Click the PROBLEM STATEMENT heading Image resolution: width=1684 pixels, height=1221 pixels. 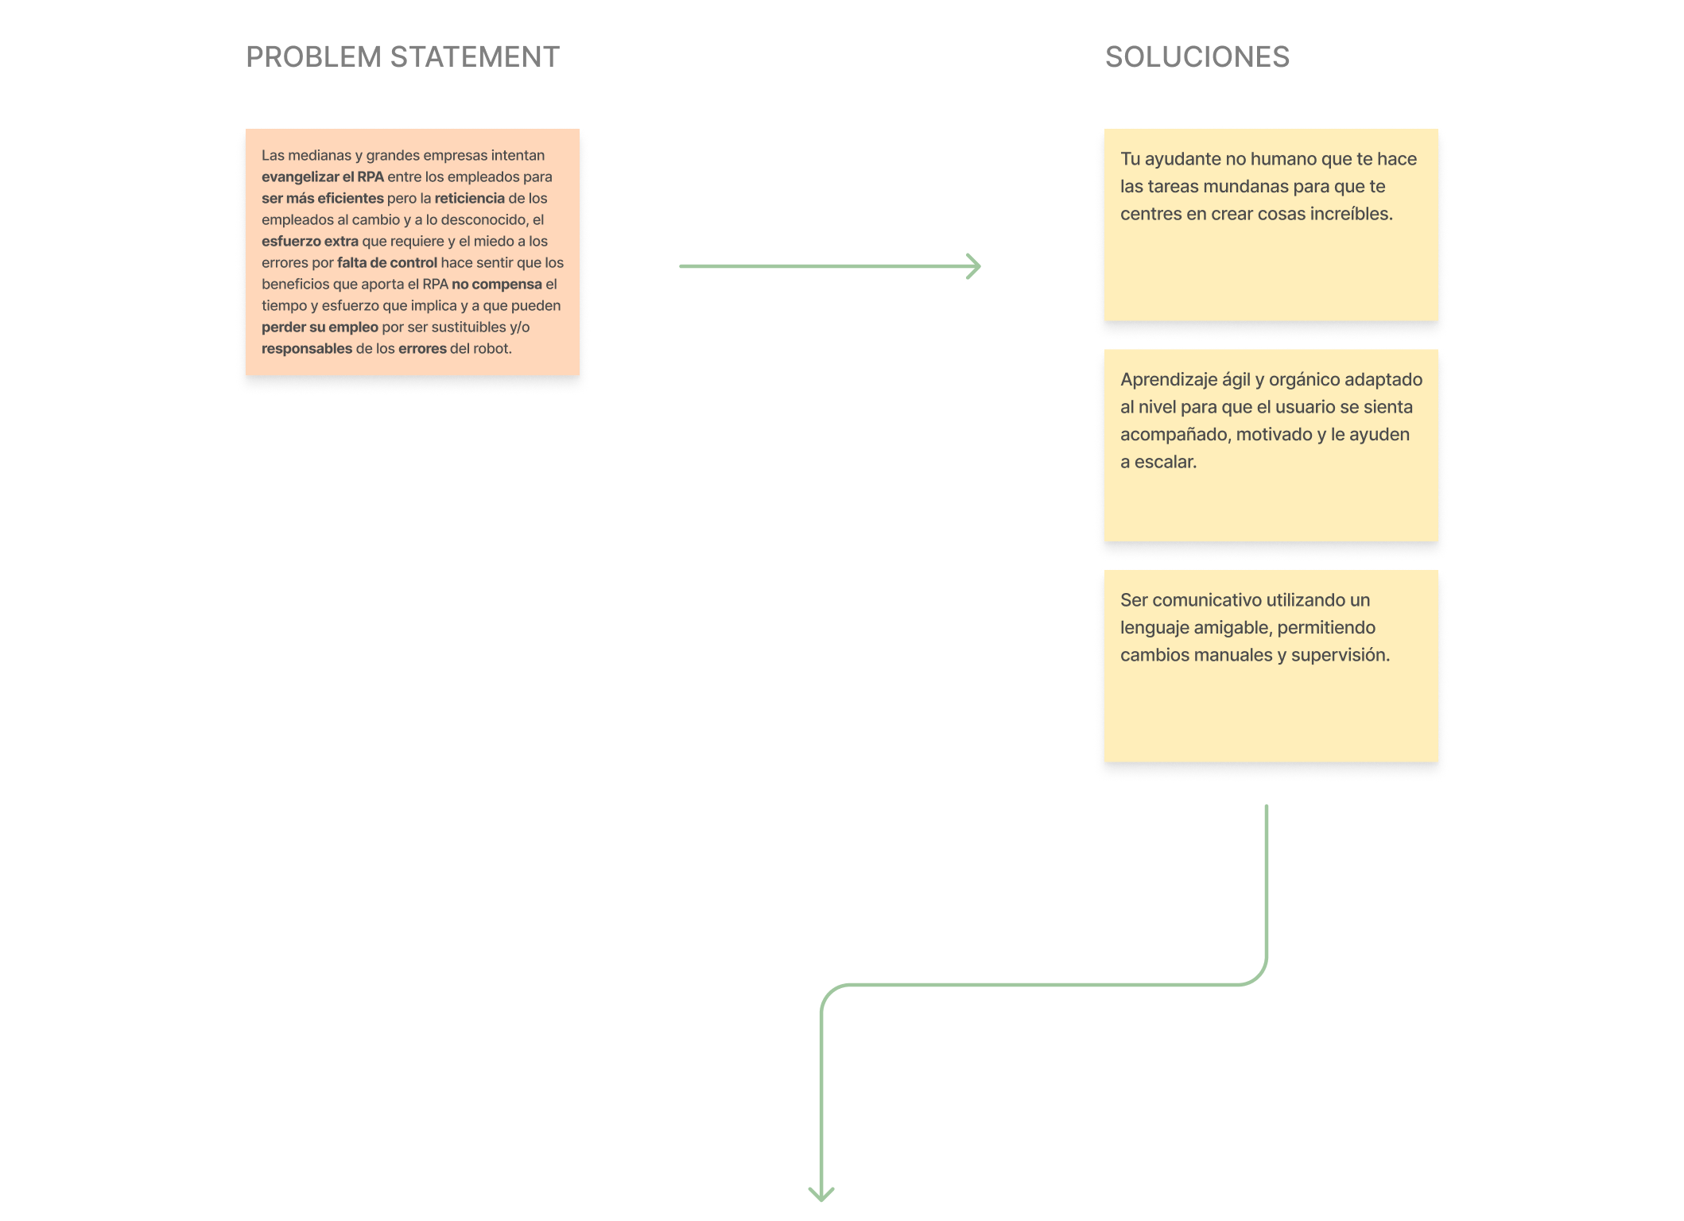[403, 57]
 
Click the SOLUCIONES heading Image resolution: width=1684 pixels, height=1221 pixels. [1197, 57]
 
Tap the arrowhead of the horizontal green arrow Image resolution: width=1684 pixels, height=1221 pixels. [974, 266]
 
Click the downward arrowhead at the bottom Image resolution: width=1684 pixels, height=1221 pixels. [821, 1193]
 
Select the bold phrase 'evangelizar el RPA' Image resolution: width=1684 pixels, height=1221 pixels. [323, 176]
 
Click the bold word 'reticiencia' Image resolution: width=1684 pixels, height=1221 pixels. [470, 198]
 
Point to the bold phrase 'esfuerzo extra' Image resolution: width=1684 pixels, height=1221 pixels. [310, 241]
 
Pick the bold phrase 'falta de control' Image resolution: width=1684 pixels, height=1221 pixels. [387, 262]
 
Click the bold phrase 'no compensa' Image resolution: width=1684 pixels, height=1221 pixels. [497, 285]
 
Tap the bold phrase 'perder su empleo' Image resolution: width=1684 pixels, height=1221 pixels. [320, 328]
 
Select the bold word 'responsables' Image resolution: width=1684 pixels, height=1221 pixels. [307, 349]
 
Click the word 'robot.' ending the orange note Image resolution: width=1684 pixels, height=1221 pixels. [492, 348]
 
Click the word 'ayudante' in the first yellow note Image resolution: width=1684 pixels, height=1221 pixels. [1182, 159]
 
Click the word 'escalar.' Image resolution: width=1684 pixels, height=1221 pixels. [1166, 462]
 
